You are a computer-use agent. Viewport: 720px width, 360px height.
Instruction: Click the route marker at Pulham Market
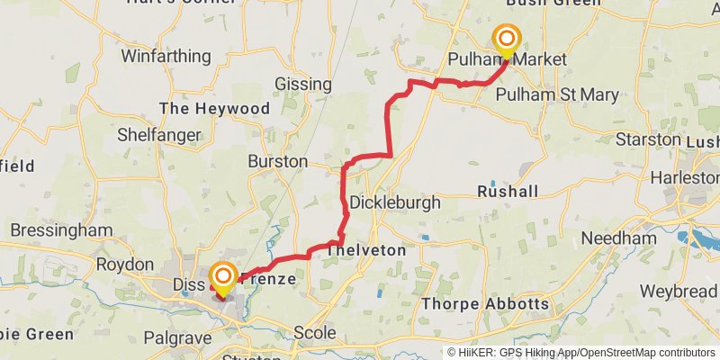click(507, 39)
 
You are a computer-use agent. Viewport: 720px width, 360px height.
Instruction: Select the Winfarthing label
click(166, 56)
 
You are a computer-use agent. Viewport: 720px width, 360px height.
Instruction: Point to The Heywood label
click(214, 109)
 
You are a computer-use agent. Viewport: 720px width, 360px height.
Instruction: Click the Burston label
click(278, 162)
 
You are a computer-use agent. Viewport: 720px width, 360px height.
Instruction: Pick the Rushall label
click(508, 192)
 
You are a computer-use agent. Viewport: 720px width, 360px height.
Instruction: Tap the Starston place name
click(648, 139)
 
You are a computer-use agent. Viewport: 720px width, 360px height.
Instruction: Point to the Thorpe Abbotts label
click(485, 303)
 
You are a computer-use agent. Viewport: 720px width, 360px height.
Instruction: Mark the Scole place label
click(314, 333)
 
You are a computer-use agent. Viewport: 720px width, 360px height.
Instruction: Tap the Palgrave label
click(178, 337)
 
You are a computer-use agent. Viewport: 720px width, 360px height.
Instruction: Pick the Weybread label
click(679, 292)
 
